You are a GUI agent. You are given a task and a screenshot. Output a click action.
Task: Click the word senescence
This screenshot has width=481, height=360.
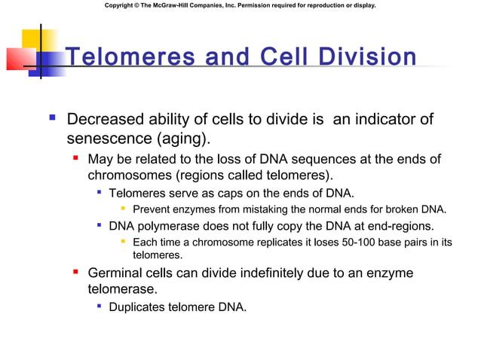[x=106, y=139]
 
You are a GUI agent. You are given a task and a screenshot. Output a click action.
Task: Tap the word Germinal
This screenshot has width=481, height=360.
[x=117, y=273]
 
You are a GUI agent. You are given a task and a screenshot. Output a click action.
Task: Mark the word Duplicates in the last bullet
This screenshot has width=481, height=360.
[x=139, y=307]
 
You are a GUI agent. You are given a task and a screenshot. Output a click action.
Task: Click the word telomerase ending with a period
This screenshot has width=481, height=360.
[x=123, y=289]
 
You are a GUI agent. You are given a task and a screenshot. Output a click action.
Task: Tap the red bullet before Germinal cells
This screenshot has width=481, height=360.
[x=75, y=271]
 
